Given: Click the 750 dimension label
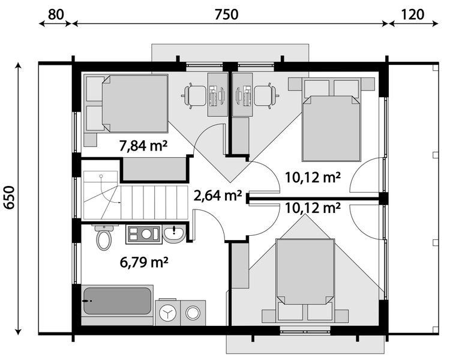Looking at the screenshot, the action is pyautogui.click(x=226, y=14).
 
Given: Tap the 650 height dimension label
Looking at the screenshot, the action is pyautogui.click(x=10, y=197).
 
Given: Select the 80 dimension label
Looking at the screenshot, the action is pyautogui.click(x=56, y=14).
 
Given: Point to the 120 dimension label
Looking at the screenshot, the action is pyautogui.click(x=412, y=14).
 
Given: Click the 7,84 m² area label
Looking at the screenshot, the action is pyautogui.click(x=143, y=146).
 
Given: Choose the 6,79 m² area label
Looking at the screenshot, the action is pyautogui.click(x=144, y=262).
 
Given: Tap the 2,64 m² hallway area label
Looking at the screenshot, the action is pyautogui.click(x=218, y=196).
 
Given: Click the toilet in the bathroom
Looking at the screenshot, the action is pyautogui.click(x=104, y=238).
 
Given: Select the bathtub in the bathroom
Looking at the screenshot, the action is pyautogui.click(x=117, y=301).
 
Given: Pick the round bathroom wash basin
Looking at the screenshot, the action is pyautogui.click(x=174, y=233).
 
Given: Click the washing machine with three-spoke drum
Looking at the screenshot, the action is pyautogui.click(x=167, y=313).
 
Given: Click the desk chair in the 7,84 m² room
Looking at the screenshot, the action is pyautogui.click(x=194, y=96).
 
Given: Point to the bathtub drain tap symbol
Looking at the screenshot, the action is pyautogui.click(x=87, y=301).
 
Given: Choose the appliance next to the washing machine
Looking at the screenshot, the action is pyautogui.click(x=193, y=313).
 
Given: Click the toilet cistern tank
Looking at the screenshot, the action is pyautogui.click(x=104, y=228).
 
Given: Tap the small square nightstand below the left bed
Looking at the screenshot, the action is pyautogui.click(x=91, y=140).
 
